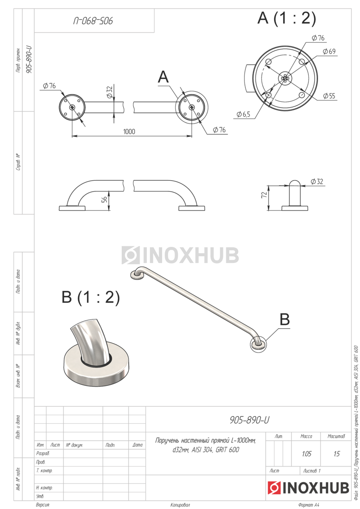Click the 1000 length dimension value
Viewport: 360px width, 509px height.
[x=129, y=131]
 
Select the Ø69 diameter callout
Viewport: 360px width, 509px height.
[x=329, y=51]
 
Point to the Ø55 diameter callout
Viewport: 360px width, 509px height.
[x=329, y=96]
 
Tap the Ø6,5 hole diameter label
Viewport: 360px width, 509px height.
[x=243, y=114]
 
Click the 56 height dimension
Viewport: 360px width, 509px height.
[x=104, y=200]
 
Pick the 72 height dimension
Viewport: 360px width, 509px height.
[x=264, y=195]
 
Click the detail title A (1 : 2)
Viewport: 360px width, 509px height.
[x=287, y=18]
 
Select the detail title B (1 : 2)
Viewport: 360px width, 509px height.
[x=90, y=297]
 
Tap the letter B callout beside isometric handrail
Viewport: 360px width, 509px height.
[x=285, y=319]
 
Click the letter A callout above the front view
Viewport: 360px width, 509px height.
[x=163, y=77]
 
